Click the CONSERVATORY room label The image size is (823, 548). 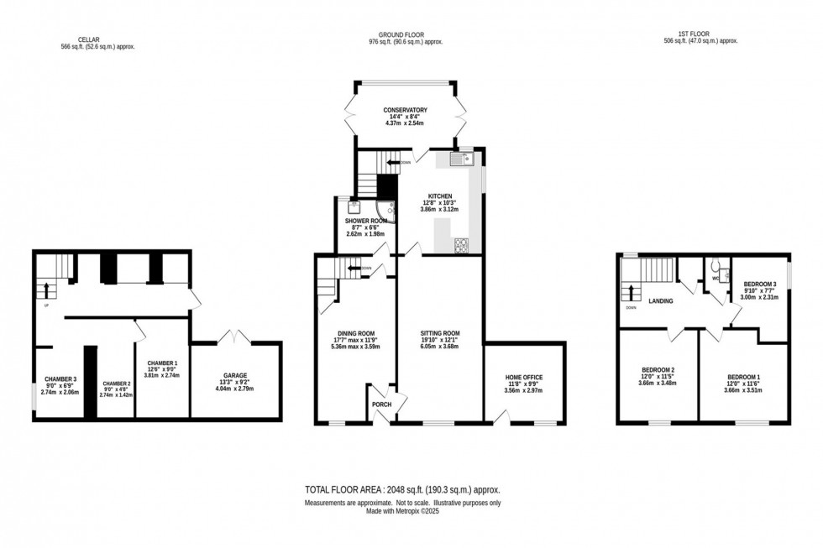click(x=406, y=110)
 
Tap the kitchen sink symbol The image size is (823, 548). click(x=463, y=158)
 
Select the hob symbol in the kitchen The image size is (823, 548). click(x=462, y=245)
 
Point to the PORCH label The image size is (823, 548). click(x=381, y=404)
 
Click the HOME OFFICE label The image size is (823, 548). click(x=523, y=378)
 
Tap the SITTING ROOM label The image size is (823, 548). click(x=440, y=333)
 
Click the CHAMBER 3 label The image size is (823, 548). click(x=60, y=379)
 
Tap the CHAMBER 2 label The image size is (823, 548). click(x=116, y=383)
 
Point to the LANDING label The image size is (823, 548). click(x=662, y=300)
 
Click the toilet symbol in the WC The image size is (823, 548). click(x=712, y=270)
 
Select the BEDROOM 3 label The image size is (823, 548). click(x=758, y=284)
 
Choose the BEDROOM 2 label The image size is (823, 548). click(x=657, y=372)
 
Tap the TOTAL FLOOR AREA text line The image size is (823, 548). click(x=402, y=488)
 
